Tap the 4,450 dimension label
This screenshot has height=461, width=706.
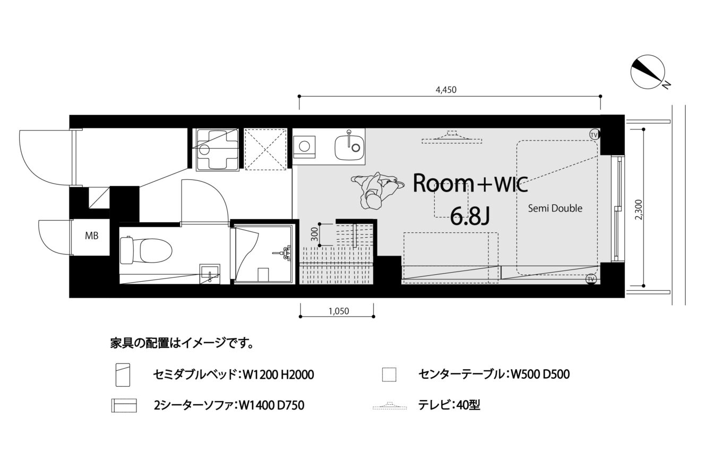click(x=446, y=90)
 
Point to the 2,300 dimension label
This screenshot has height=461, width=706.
click(x=638, y=210)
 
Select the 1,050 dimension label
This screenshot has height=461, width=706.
click(x=339, y=311)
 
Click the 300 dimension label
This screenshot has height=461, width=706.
click(x=315, y=234)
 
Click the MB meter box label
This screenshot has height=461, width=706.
click(x=92, y=236)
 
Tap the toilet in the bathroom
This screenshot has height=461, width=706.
click(x=146, y=250)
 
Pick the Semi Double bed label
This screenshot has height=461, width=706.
click(x=555, y=208)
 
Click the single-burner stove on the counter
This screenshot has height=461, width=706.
click(x=305, y=147)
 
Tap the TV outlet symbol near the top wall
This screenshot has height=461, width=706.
click(x=594, y=135)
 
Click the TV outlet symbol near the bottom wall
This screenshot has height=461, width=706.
click(x=591, y=279)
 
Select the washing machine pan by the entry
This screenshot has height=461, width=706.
click(x=217, y=150)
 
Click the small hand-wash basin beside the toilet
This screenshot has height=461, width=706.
click(x=210, y=274)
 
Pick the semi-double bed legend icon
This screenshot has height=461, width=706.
click(x=123, y=375)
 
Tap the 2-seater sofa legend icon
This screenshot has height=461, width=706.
click(x=124, y=406)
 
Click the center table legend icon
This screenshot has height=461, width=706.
click(x=389, y=375)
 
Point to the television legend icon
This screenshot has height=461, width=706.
click(x=390, y=406)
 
